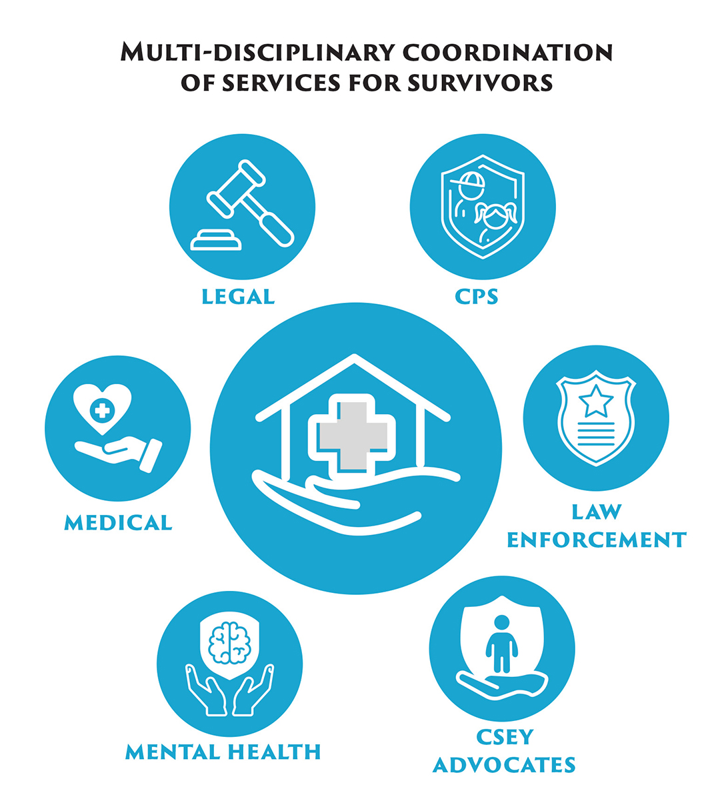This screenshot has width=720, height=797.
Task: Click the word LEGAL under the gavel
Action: point(238,296)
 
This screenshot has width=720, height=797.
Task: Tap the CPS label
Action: point(477,296)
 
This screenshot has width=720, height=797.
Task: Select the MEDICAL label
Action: point(118,522)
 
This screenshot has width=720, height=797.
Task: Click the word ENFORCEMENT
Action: point(597,539)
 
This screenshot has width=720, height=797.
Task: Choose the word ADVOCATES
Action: point(504,764)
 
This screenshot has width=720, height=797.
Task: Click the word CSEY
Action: point(505,737)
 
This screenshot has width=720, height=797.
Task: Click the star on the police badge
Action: point(595,403)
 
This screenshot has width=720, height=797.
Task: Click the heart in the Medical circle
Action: point(102,408)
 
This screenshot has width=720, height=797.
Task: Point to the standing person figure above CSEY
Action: point(501,644)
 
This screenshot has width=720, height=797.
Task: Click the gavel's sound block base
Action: point(216,241)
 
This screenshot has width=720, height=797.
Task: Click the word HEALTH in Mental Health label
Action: point(273,752)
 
